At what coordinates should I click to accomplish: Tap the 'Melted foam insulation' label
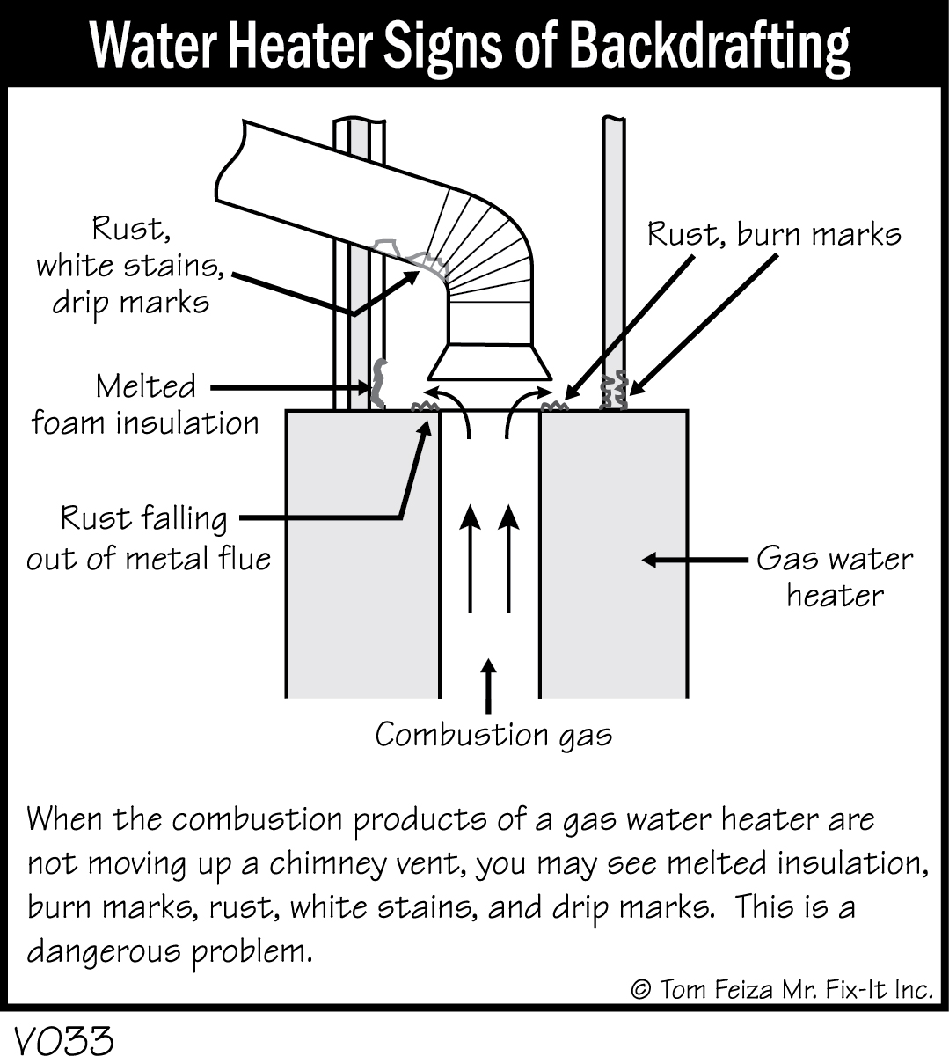(145, 405)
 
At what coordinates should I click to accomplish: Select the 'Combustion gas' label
(493, 734)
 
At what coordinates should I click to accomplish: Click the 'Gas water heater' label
(834, 576)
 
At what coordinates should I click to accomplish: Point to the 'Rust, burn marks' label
(774, 234)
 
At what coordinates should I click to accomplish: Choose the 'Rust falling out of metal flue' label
(148, 537)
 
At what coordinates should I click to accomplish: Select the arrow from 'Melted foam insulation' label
(290, 387)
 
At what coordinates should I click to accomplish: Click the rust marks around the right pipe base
(614, 390)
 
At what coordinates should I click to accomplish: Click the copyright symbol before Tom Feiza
(641, 989)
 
